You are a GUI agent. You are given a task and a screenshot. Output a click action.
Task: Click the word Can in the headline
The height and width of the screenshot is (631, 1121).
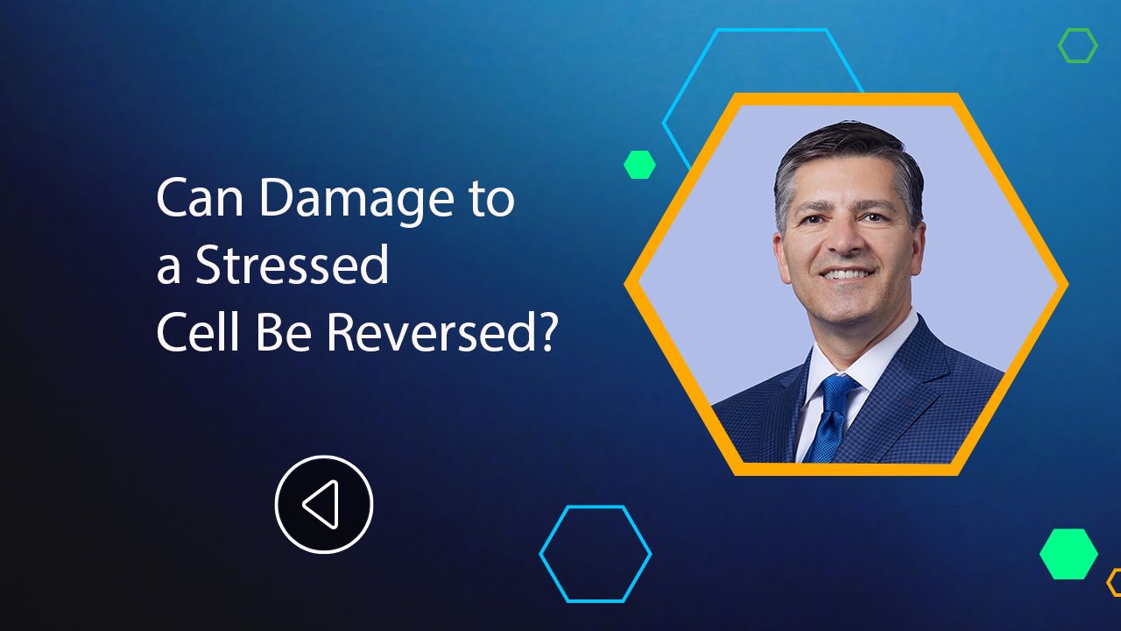(x=200, y=201)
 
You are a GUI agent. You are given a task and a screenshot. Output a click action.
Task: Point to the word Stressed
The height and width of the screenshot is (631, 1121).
(x=292, y=266)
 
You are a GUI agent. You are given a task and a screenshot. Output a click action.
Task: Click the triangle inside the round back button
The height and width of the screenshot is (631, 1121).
(x=321, y=505)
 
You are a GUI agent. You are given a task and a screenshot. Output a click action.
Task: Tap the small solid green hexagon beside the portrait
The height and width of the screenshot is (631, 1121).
(x=639, y=165)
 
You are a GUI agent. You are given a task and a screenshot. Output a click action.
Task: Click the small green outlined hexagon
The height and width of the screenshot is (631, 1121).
(x=1077, y=46)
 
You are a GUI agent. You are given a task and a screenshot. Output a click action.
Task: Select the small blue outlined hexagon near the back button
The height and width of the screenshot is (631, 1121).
(x=596, y=554)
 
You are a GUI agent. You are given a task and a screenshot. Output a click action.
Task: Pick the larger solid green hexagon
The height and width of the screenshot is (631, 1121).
(x=1068, y=554)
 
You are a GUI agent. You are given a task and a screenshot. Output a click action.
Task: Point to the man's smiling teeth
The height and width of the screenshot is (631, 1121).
(x=846, y=274)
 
